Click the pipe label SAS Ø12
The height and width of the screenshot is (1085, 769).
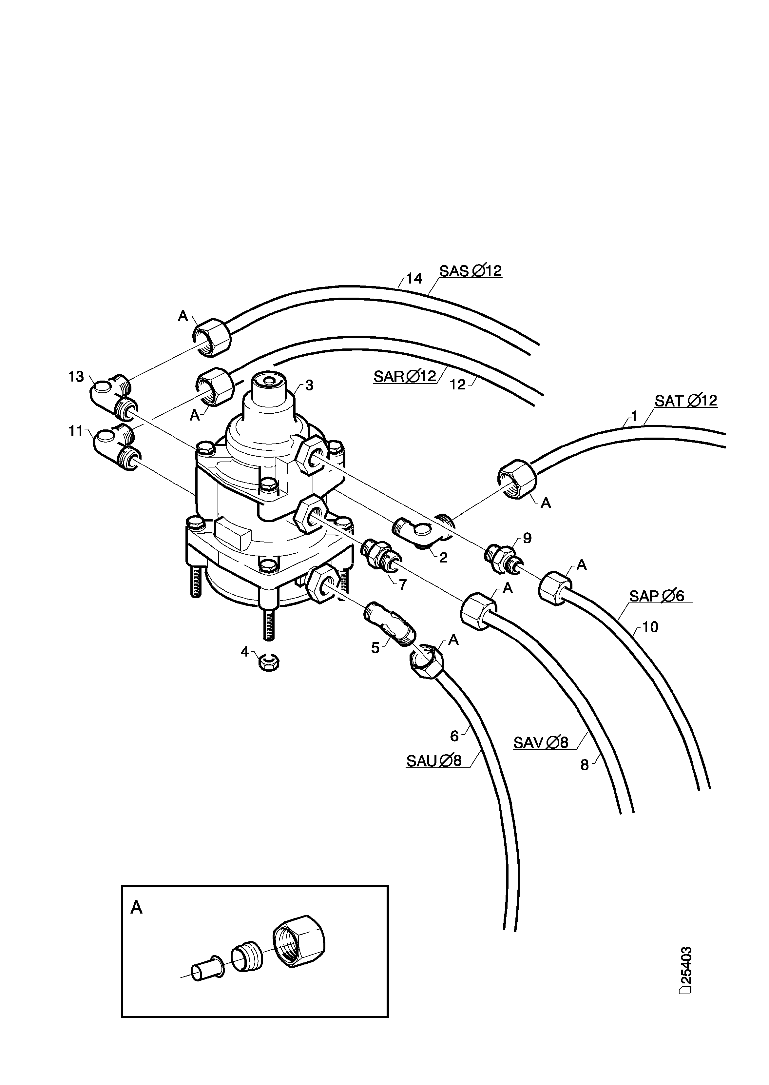point(470,271)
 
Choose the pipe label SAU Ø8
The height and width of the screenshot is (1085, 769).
point(434,761)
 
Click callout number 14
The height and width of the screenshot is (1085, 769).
point(414,279)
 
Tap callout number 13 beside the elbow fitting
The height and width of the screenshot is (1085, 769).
point(76,377)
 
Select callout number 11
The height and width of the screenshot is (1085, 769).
point(76,431)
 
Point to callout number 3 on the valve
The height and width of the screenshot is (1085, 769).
point(309,385)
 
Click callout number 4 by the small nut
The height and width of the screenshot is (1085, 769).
point(244,652)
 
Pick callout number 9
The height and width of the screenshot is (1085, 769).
point(527,538)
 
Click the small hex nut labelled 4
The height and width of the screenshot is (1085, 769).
point(269,662)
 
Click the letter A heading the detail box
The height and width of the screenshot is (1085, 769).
point(136,907)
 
